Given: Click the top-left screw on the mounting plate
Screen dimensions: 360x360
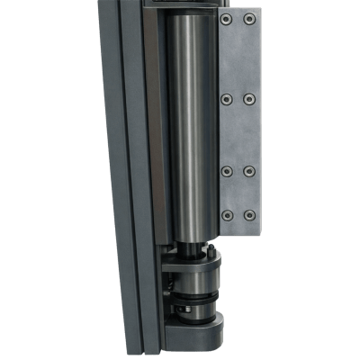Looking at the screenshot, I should [x=226, y=20].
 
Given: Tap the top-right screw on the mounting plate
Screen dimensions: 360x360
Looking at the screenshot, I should [x=250, y=20].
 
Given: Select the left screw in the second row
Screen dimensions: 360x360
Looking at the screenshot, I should [x=226, y=98].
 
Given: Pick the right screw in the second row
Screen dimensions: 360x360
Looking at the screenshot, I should [x=250, y=98].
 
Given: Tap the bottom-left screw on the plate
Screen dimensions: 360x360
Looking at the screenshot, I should [x=226, y=215].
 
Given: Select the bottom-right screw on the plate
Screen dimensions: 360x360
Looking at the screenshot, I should [x=250, y=215].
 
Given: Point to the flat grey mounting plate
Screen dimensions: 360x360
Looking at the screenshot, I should [x=238, y=135].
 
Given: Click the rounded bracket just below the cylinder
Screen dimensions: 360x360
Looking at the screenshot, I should [x=198, y=266].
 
